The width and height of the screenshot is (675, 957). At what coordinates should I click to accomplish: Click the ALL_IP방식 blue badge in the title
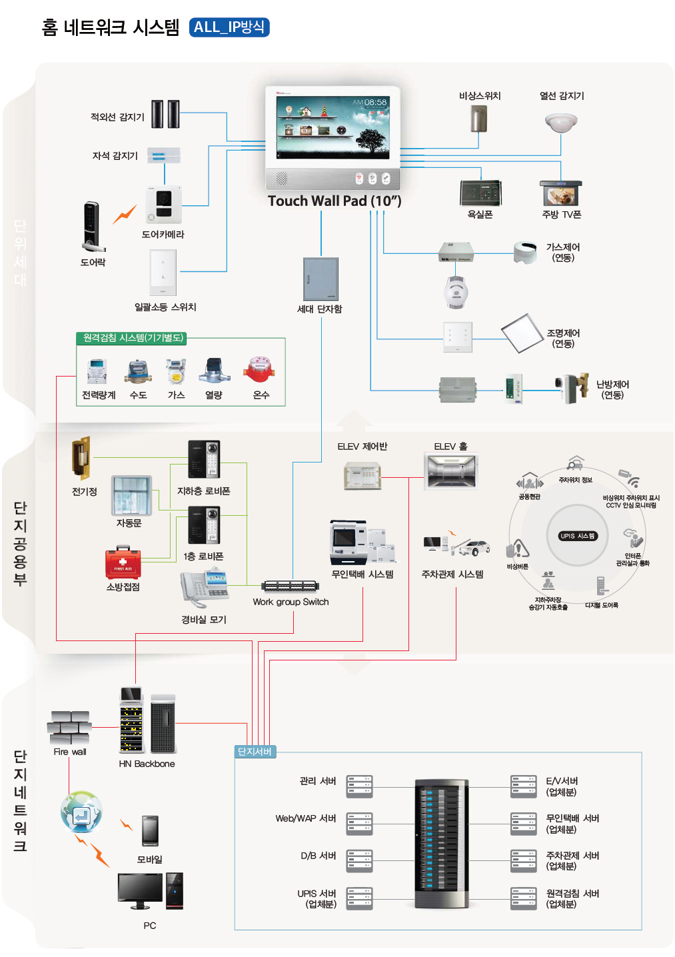tap(229, 27)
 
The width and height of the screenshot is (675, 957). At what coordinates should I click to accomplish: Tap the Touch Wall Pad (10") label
tap(334, 201)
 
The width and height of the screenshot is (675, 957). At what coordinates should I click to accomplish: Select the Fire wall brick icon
tap(69, 727)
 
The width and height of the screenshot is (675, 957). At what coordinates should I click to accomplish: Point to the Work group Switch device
tap(289, 586)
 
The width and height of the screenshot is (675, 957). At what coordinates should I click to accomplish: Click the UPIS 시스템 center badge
tap(577, 536)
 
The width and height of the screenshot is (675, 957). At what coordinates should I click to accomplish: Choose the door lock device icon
tap(91, 227)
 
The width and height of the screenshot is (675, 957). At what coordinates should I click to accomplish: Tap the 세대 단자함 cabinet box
tap(321, 279)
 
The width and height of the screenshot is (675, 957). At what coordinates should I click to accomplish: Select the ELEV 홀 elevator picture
tap(451, 471)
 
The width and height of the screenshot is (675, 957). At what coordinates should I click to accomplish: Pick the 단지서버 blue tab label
tap(255, 752)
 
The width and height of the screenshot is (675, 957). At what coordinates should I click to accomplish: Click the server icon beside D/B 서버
tap(359, 860)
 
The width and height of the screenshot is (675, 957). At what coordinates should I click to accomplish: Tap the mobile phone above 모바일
tap(150, 830)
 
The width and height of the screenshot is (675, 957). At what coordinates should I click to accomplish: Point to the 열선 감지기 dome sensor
tap(561, 123)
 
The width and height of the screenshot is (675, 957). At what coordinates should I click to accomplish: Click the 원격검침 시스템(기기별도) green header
tap(132, 338)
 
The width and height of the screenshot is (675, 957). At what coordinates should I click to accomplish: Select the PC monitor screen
tap(140, 888)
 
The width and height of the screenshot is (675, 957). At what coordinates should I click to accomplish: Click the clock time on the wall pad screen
tap(375, 103)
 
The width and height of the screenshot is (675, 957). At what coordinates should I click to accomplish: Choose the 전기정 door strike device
tap(81, 459)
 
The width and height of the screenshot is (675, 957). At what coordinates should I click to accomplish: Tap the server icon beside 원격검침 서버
tap(523, 898)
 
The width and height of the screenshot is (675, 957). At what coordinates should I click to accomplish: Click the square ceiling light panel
tap(523, 333)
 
